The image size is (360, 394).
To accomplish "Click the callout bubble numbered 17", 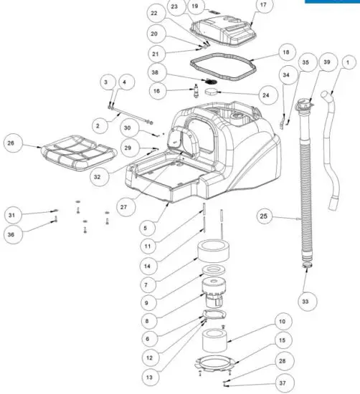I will (x=262, y=6).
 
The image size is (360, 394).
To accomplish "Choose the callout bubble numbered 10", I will (x=281, y=322).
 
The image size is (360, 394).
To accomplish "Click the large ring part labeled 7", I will (x=214, y=251).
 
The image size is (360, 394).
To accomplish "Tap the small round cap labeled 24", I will (x=210, y=92).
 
